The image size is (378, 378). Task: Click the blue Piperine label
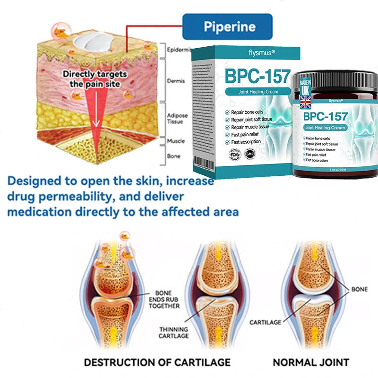click(x=227, y=26)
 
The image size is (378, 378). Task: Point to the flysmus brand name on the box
click(x=250, y=53)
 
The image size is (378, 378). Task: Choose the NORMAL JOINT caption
click(x=310, y=362)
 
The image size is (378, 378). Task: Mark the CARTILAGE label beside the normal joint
click(x=265, y=322)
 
